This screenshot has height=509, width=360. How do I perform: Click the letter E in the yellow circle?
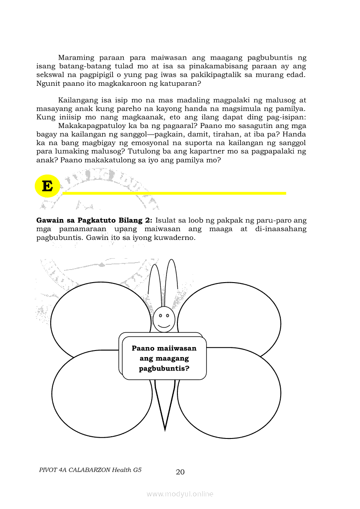tap(47, 187)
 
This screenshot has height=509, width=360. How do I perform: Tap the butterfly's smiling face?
tap(164, 320)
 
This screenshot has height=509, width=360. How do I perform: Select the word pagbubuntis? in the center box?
tap(164, 368)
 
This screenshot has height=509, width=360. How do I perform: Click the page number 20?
tap(180, 472)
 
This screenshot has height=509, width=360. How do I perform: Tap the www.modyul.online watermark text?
tap(180, 494)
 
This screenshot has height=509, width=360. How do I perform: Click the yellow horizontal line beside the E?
tap(174, 193)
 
